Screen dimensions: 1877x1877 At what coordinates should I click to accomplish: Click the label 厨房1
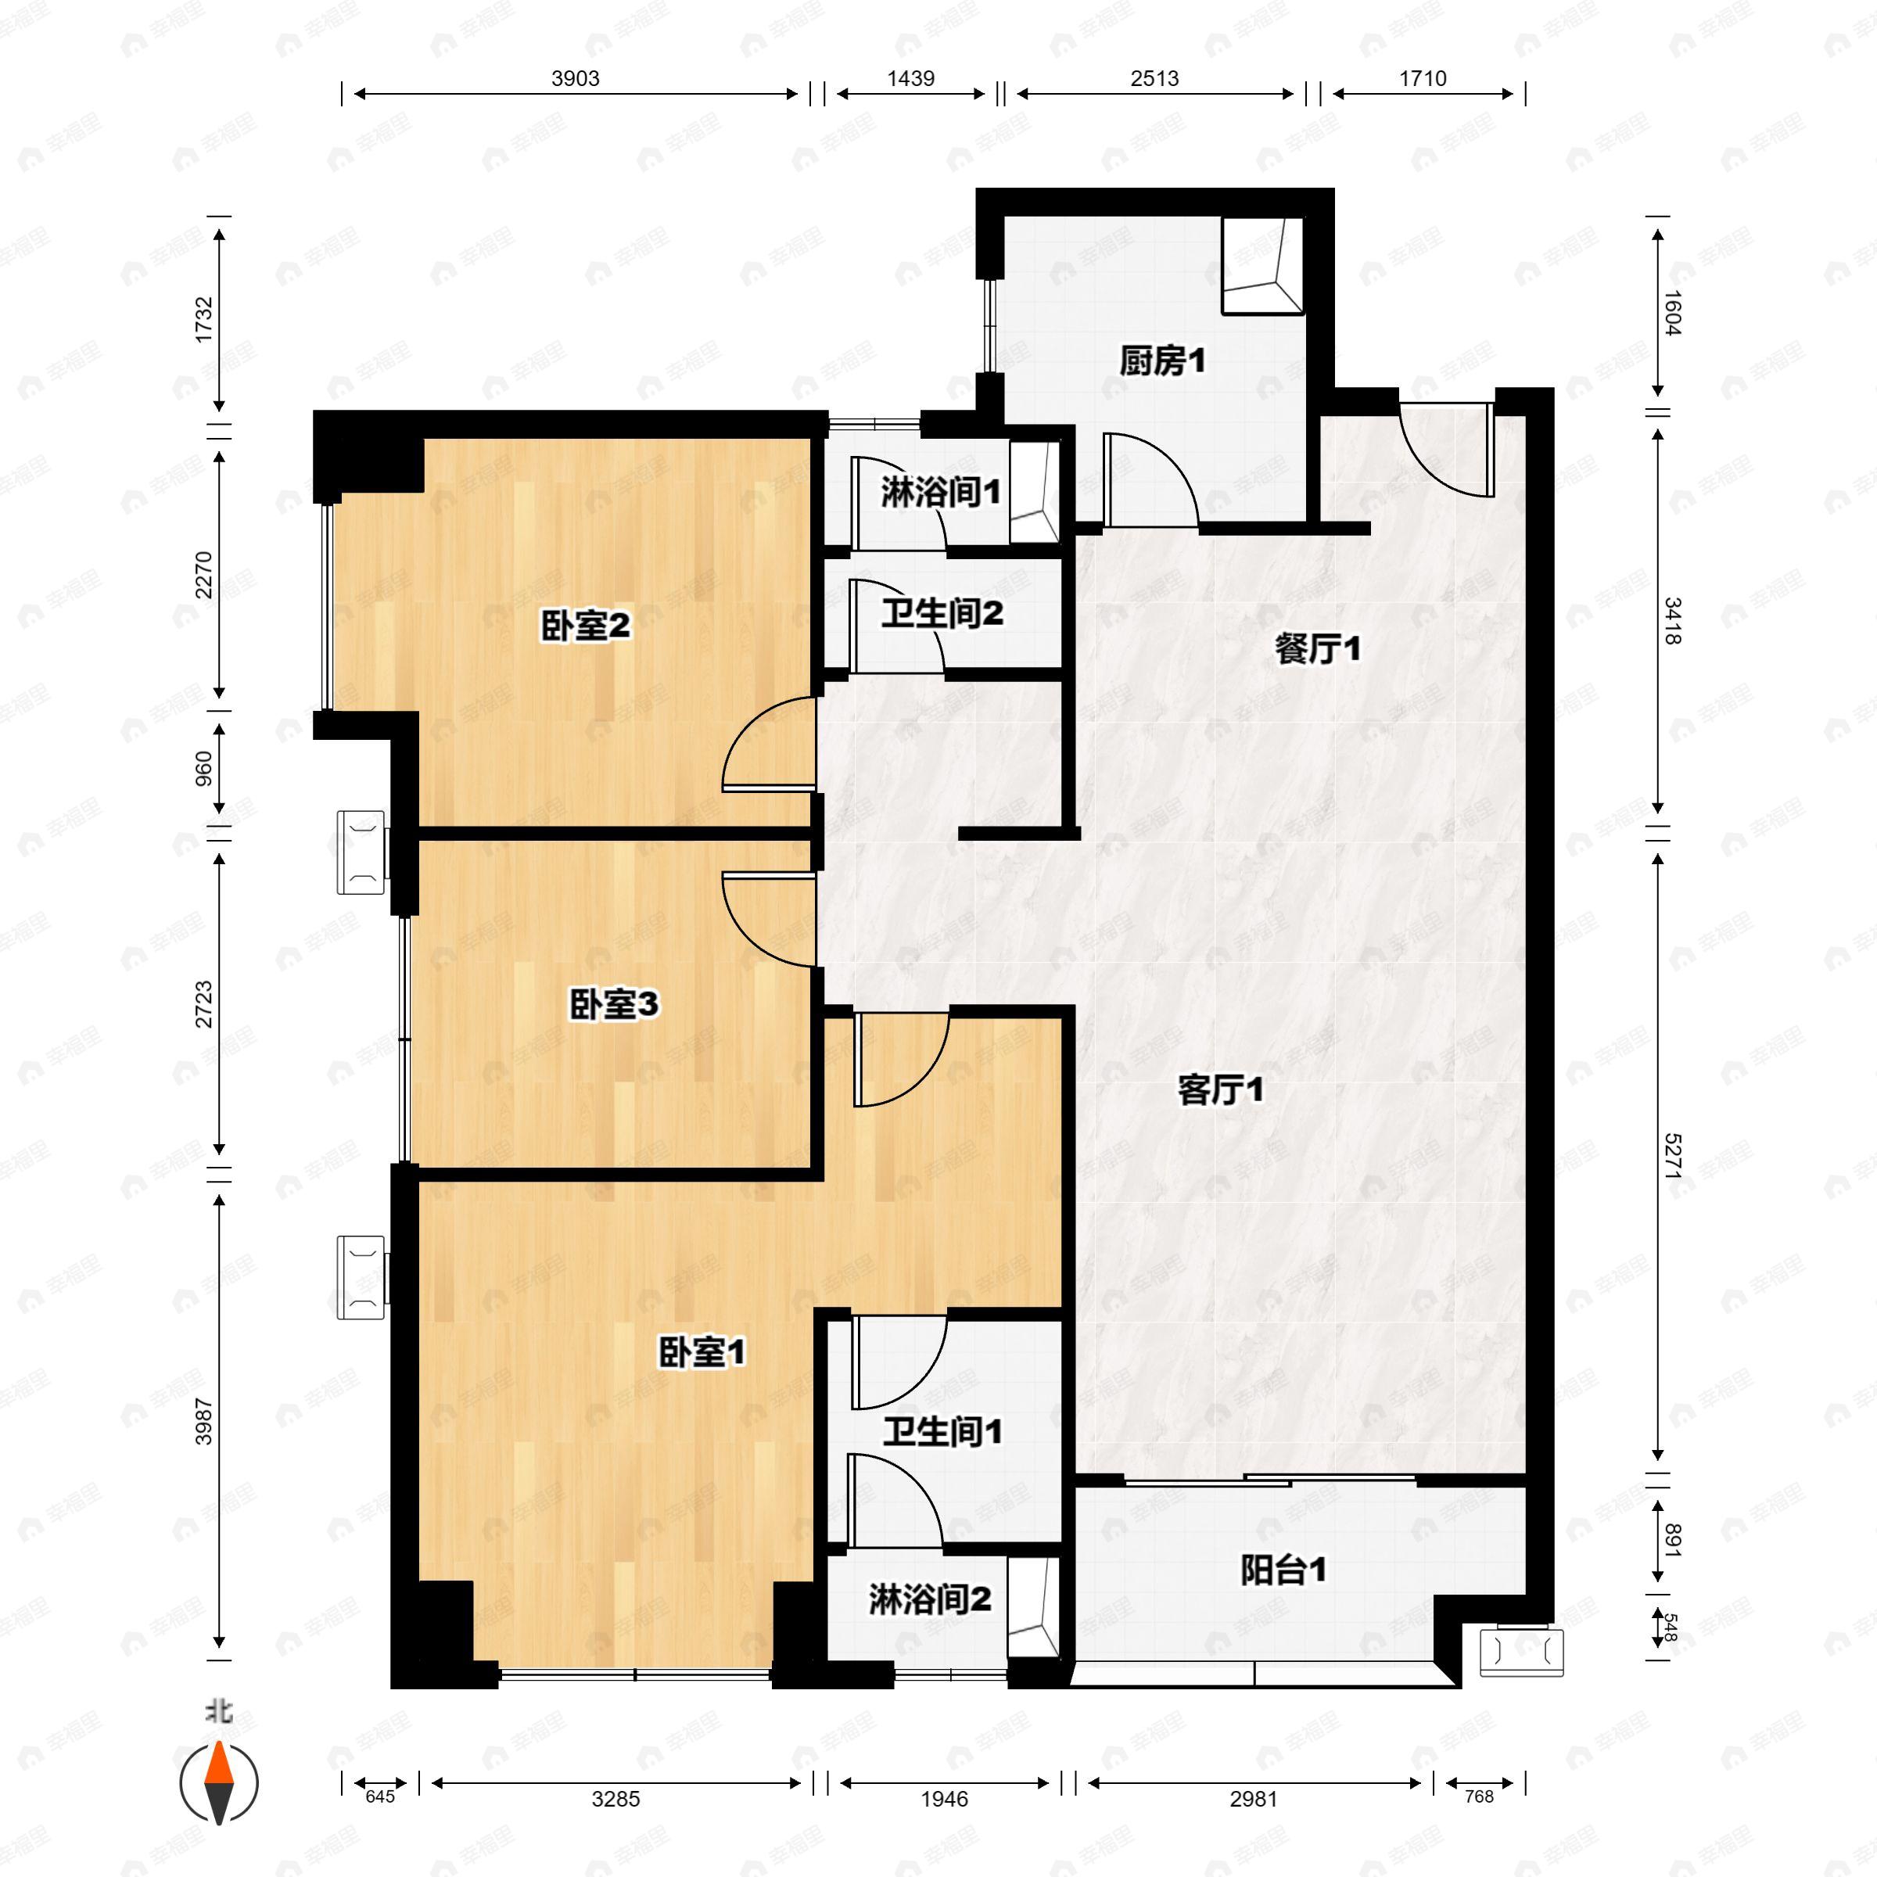1162,362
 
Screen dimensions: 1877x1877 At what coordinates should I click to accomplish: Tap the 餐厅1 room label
1317,650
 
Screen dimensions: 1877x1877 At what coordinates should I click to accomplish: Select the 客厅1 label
1220,1090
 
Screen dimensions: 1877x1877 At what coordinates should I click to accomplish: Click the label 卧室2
585,626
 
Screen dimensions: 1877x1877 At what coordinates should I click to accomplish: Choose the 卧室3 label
613,1004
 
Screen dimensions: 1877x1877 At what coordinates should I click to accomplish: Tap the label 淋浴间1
940,493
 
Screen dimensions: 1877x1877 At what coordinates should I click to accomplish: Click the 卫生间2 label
942,614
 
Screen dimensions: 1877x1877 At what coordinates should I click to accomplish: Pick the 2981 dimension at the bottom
1253,1800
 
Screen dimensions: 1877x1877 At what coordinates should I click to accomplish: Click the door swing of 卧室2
766,745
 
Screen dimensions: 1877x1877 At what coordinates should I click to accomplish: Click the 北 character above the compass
219,1710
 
